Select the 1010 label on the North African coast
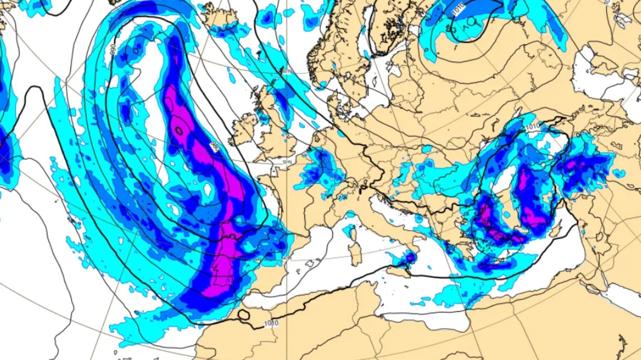tap(271, 323)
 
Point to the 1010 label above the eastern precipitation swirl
tap(532, 127)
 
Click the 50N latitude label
tap(287, 162)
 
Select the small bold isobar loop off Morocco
tap(244, 315)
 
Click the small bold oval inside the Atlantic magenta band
tap(179, 131)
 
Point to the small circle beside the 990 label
tap(136, 51)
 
